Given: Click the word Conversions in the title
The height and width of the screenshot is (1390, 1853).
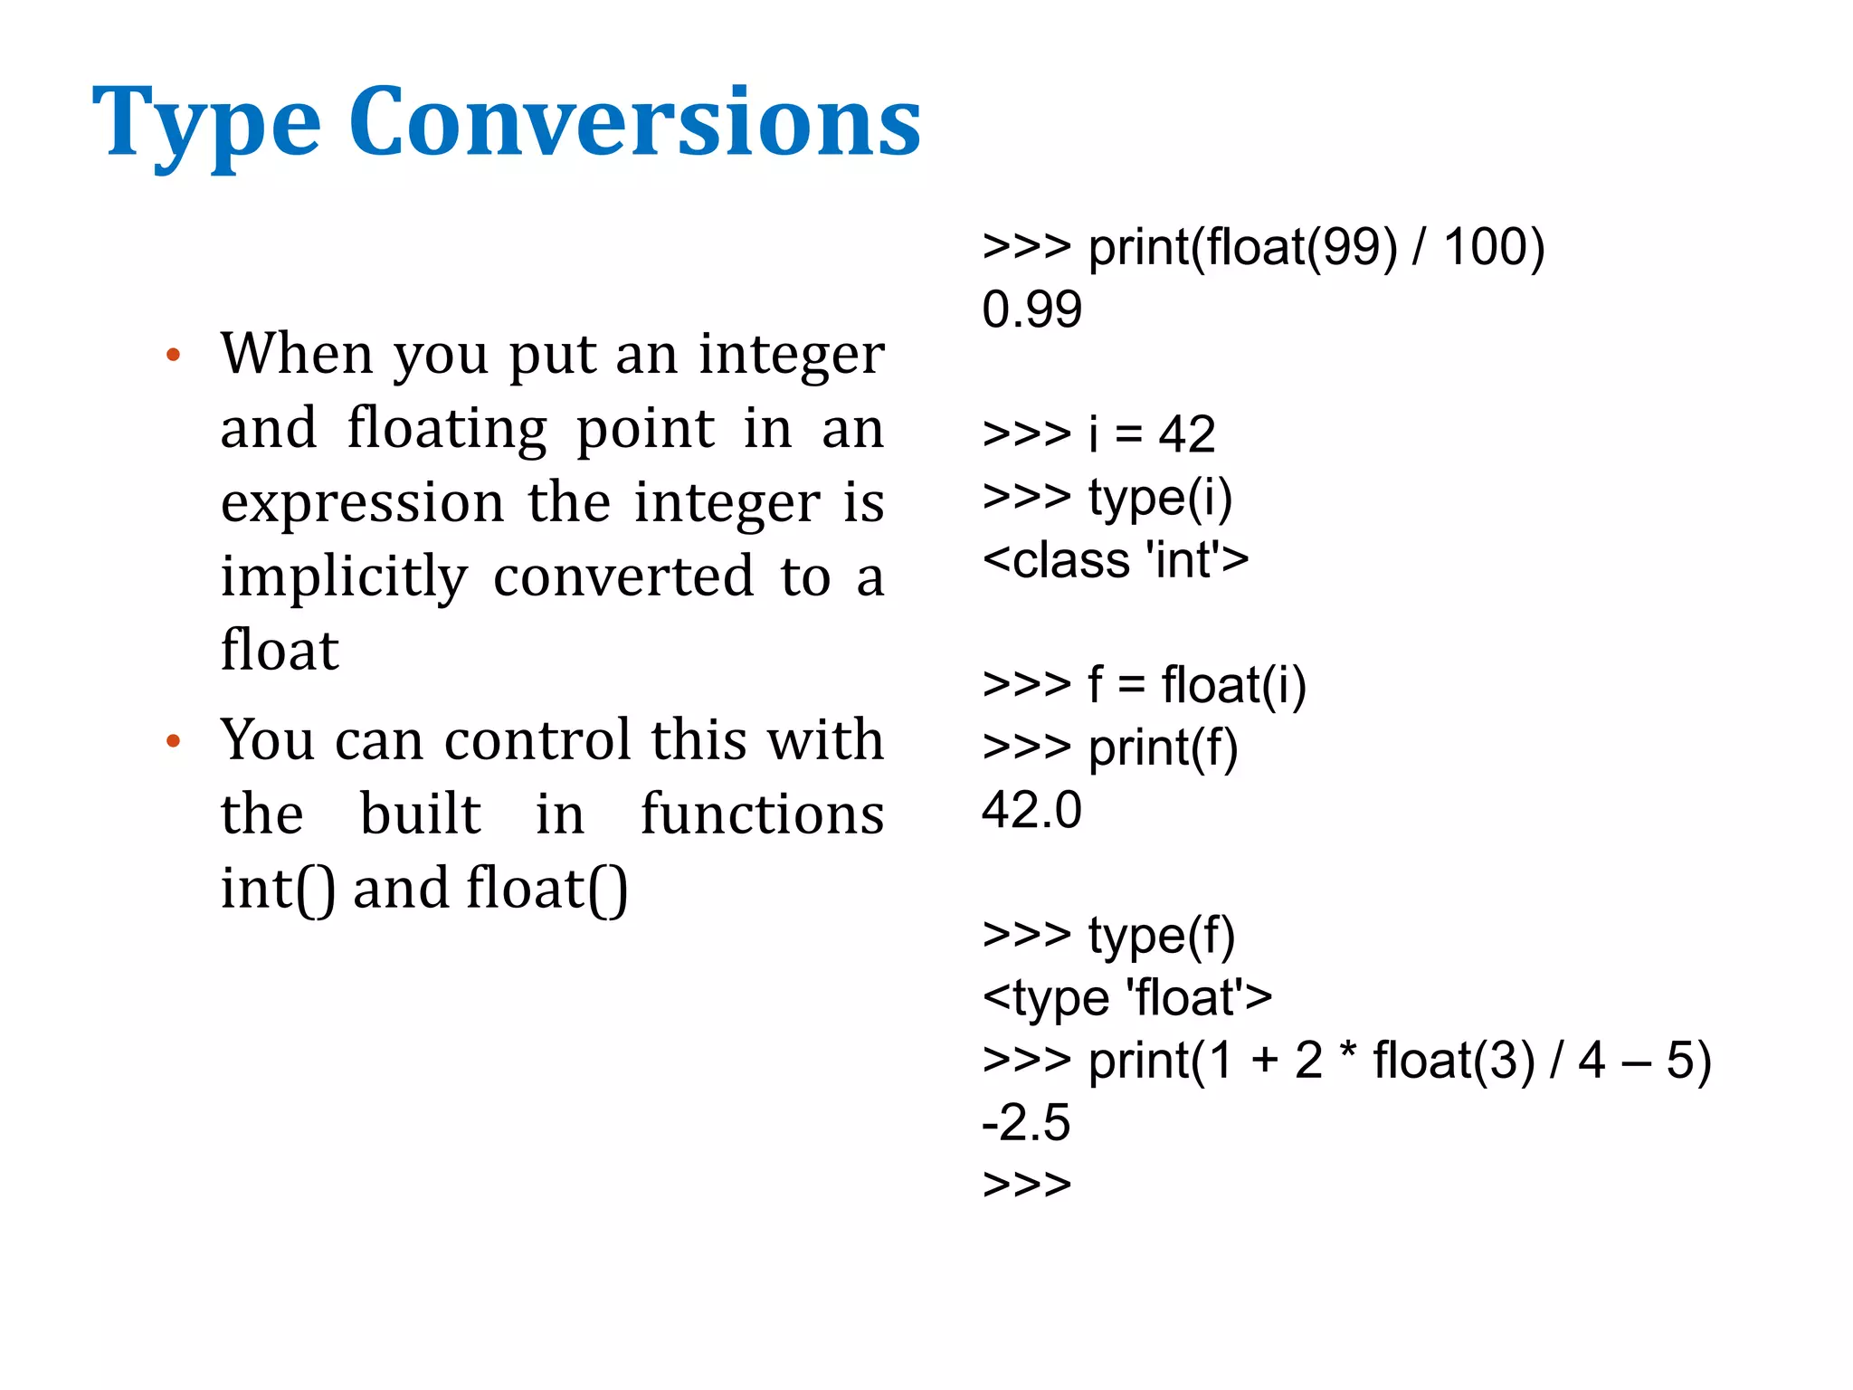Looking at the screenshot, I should coord(634,122).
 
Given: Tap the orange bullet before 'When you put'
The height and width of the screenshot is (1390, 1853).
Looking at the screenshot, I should coord(174,355).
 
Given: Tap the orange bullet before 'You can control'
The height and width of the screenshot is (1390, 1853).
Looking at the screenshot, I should coord(174,742).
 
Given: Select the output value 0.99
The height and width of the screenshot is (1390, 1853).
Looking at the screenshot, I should coord(1031,309).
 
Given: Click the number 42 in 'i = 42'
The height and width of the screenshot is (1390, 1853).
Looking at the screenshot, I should coord(1186,434).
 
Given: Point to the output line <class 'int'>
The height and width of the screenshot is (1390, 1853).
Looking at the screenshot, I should coord(1116,559).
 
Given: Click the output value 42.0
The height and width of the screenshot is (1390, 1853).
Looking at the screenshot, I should coord(1031,809).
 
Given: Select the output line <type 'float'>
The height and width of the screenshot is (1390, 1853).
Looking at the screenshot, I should coord(1127,997).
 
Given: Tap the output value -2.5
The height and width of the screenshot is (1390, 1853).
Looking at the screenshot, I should coord(1026,1122).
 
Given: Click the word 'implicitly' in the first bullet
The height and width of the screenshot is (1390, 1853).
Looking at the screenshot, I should coord(344,577).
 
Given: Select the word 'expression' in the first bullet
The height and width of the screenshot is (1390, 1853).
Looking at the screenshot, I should coord(362,503).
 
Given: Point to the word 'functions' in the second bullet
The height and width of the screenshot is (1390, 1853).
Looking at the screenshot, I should coord(762,814).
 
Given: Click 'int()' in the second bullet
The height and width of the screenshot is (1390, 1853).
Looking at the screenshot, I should coord(278,889).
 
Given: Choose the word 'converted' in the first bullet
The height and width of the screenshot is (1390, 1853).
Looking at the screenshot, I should coord(623,577).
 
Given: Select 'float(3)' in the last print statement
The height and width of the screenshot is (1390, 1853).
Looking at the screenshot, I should coord(1453,1061).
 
